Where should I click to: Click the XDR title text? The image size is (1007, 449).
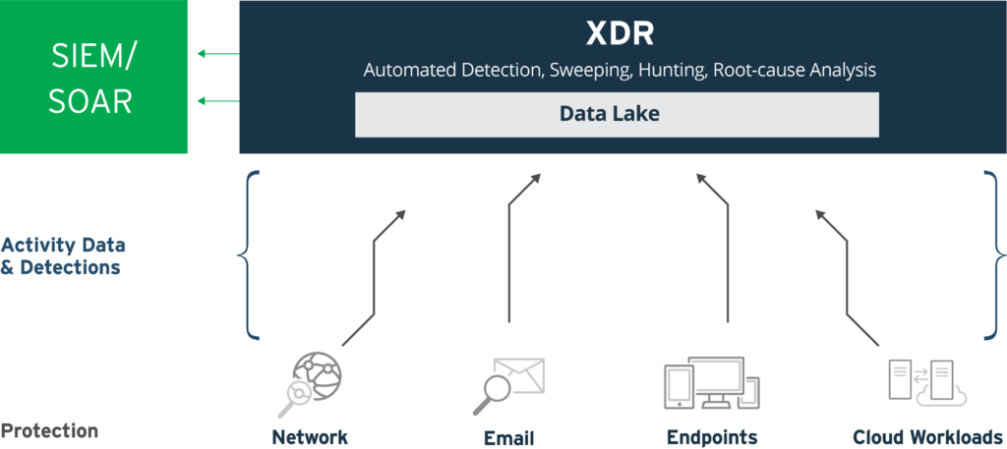click(620, 35)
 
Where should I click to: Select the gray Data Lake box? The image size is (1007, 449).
click(618, 114)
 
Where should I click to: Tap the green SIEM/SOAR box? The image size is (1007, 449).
click(93, 77)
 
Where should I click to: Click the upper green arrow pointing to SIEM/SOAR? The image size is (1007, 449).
click(218, 53)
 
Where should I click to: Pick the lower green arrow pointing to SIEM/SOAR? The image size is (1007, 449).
click(218, 100)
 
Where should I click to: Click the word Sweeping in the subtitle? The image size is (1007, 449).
click(590, 70)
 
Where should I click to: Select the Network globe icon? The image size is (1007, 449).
click(309, 384)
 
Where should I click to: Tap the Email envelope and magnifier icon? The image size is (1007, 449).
click(508, 385)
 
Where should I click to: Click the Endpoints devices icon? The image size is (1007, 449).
click(711, 383)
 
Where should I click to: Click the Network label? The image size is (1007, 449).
click(310, 437)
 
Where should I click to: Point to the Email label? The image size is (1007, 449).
click(508, 438)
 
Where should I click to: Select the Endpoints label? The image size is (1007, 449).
click(712, 438)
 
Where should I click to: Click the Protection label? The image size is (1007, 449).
click(49, 430)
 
